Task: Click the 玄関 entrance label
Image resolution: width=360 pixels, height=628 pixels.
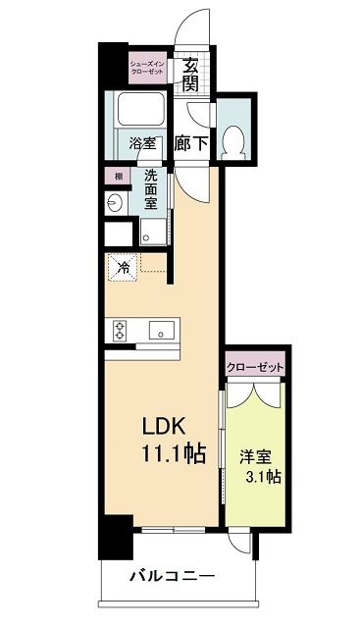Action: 190,76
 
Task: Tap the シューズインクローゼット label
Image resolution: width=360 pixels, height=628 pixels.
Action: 150,69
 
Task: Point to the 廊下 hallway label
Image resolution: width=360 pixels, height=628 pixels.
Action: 190,142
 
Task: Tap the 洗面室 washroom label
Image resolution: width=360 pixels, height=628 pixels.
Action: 151,189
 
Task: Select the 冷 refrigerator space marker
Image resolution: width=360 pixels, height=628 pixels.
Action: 125,266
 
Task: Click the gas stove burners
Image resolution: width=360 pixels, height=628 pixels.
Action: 121,331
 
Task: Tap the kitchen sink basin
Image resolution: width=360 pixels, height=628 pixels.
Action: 158,332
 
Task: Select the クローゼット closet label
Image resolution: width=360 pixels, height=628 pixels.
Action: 255,367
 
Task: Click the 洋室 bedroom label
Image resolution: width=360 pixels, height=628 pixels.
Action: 254,455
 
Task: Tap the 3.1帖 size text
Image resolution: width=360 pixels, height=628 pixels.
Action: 260,478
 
